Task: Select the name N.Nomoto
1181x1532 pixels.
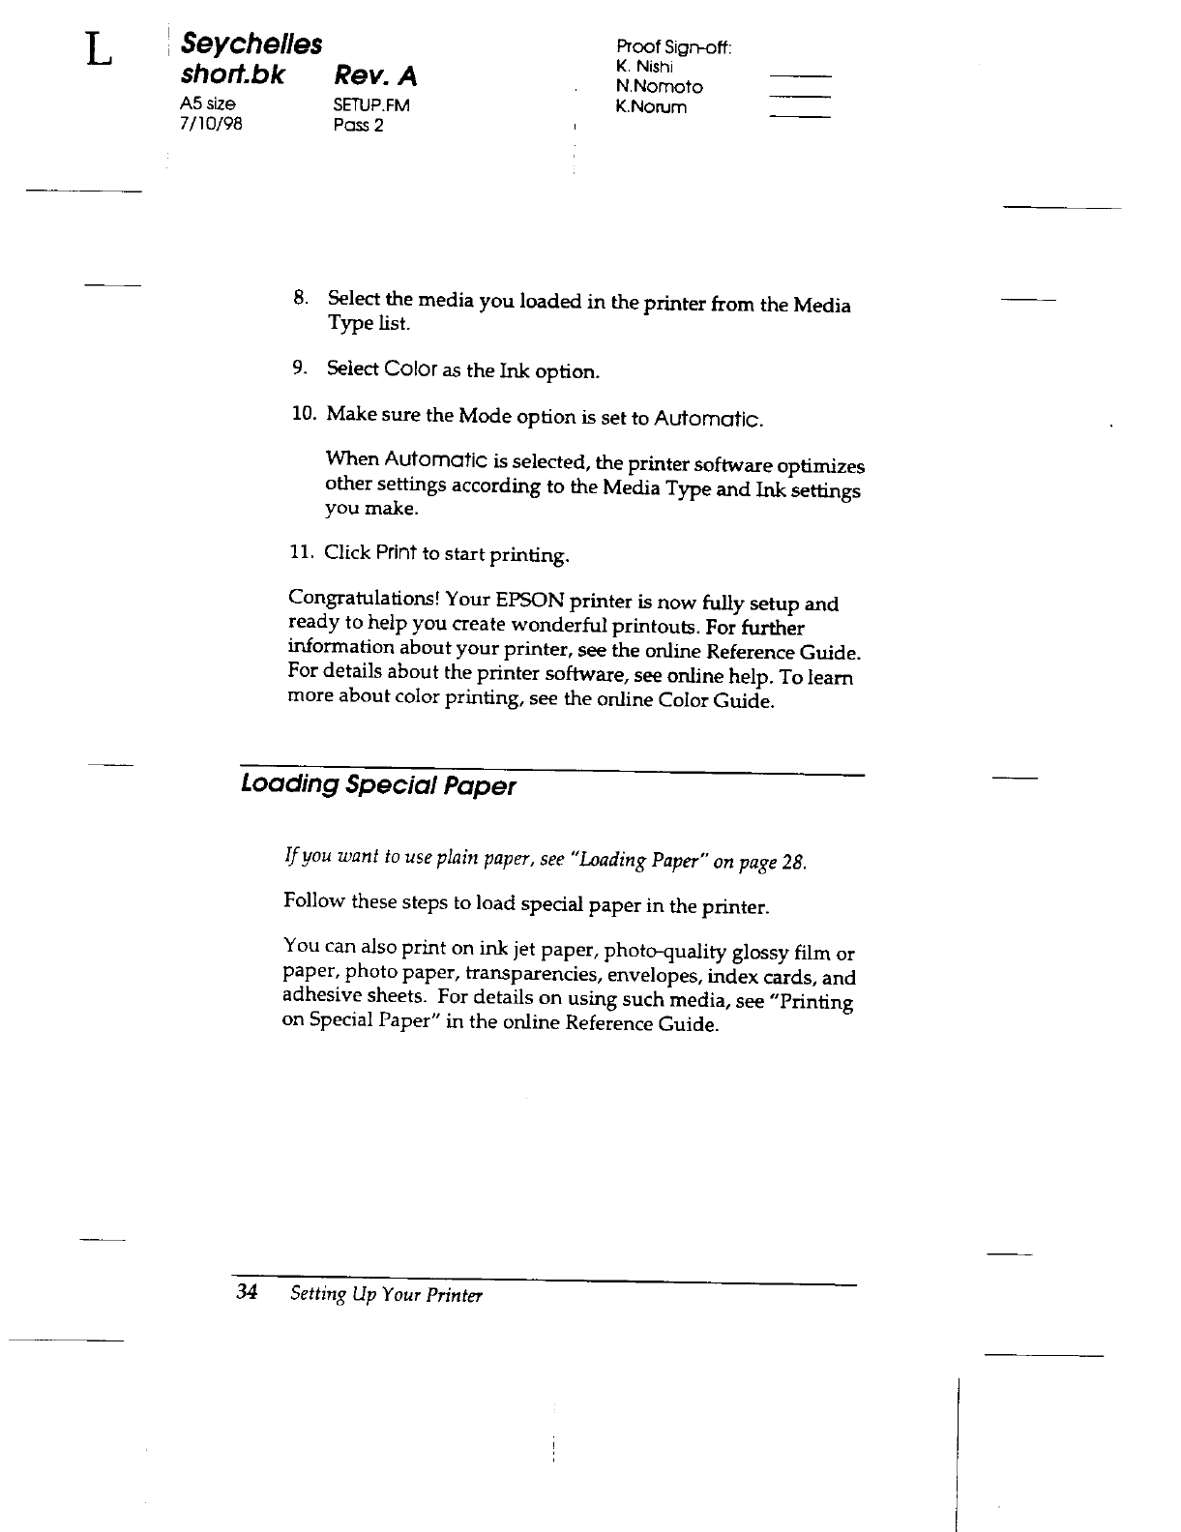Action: tap(659, 87)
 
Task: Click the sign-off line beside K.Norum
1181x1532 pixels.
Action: tap(799, 117)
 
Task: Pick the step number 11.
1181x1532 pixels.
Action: tap(302, 552)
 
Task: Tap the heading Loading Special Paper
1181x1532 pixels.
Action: tap(377, 785)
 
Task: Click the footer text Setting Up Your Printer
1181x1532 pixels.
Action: tap(386, 1295)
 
